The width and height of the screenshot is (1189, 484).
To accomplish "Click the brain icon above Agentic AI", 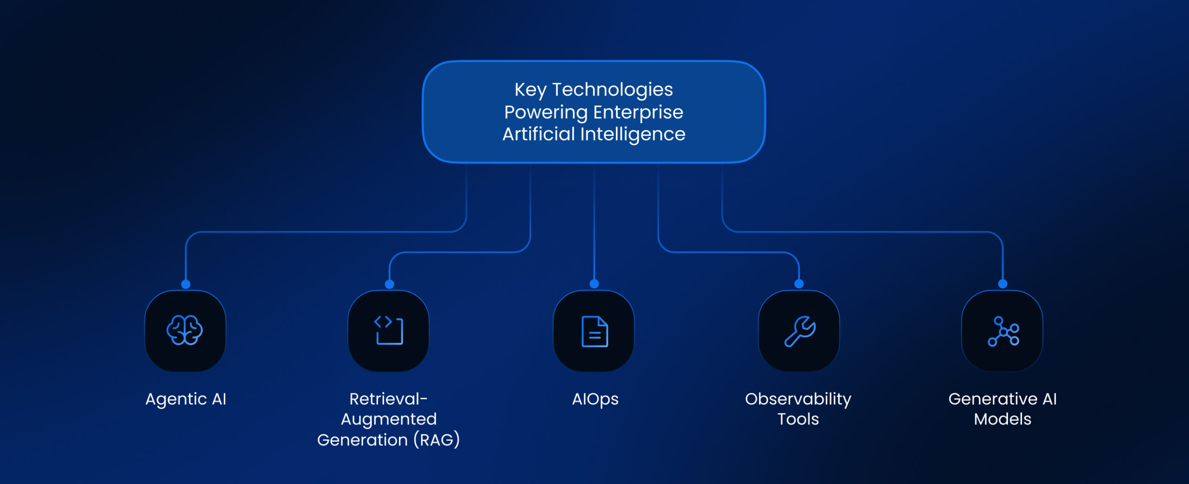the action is click(x=185, y=330).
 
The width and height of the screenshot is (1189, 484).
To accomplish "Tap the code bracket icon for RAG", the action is click(x=389, y=331).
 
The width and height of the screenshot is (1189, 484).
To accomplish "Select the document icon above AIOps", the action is click(x=594, y=332).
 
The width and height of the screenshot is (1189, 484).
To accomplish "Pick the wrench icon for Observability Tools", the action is click(x=800, y=331).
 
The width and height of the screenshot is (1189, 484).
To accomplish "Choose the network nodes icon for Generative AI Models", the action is click(x=1003, y=332).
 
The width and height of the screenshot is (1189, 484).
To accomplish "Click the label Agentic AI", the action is click(x=186, y=399).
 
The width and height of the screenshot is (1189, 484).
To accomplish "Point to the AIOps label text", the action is click(x=595, y=399).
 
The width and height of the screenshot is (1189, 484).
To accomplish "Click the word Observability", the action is click(x=798, y=399).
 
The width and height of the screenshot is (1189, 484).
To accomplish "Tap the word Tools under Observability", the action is click(x=798, y=419).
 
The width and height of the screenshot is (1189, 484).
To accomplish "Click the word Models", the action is click(x=1003, y=419).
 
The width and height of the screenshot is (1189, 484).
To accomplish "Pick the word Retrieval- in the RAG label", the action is click(x=388, y=399).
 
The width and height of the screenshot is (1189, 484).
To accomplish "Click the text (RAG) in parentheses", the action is click(x=437, y=440).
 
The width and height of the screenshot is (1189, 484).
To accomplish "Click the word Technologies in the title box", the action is click(x=613, y=90).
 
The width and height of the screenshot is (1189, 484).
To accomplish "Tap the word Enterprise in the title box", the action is click(x=638, y=113).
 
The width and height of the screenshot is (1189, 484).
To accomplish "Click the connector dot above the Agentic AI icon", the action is click(x=186, y=284).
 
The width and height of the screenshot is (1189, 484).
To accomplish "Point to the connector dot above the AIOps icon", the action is click(x=594, y=284).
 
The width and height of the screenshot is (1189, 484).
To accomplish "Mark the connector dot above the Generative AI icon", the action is click(x=1003, y=284).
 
